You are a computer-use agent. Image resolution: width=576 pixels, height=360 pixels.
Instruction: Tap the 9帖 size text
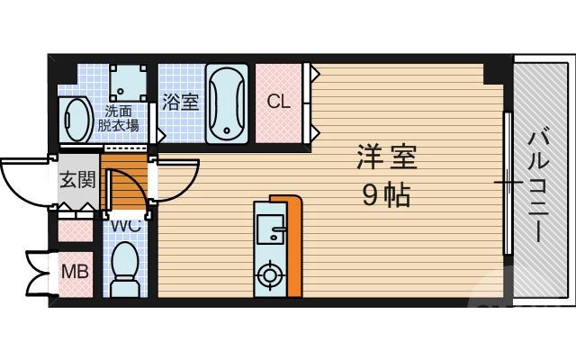386,194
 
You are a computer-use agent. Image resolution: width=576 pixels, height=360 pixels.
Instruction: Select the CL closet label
279,101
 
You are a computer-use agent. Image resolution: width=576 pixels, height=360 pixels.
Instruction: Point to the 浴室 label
180,103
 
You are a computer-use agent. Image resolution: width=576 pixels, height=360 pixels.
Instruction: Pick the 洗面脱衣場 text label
119,118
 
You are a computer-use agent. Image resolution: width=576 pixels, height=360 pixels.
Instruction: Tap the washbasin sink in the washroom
76,117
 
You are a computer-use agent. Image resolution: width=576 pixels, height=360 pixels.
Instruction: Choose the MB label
74,270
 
